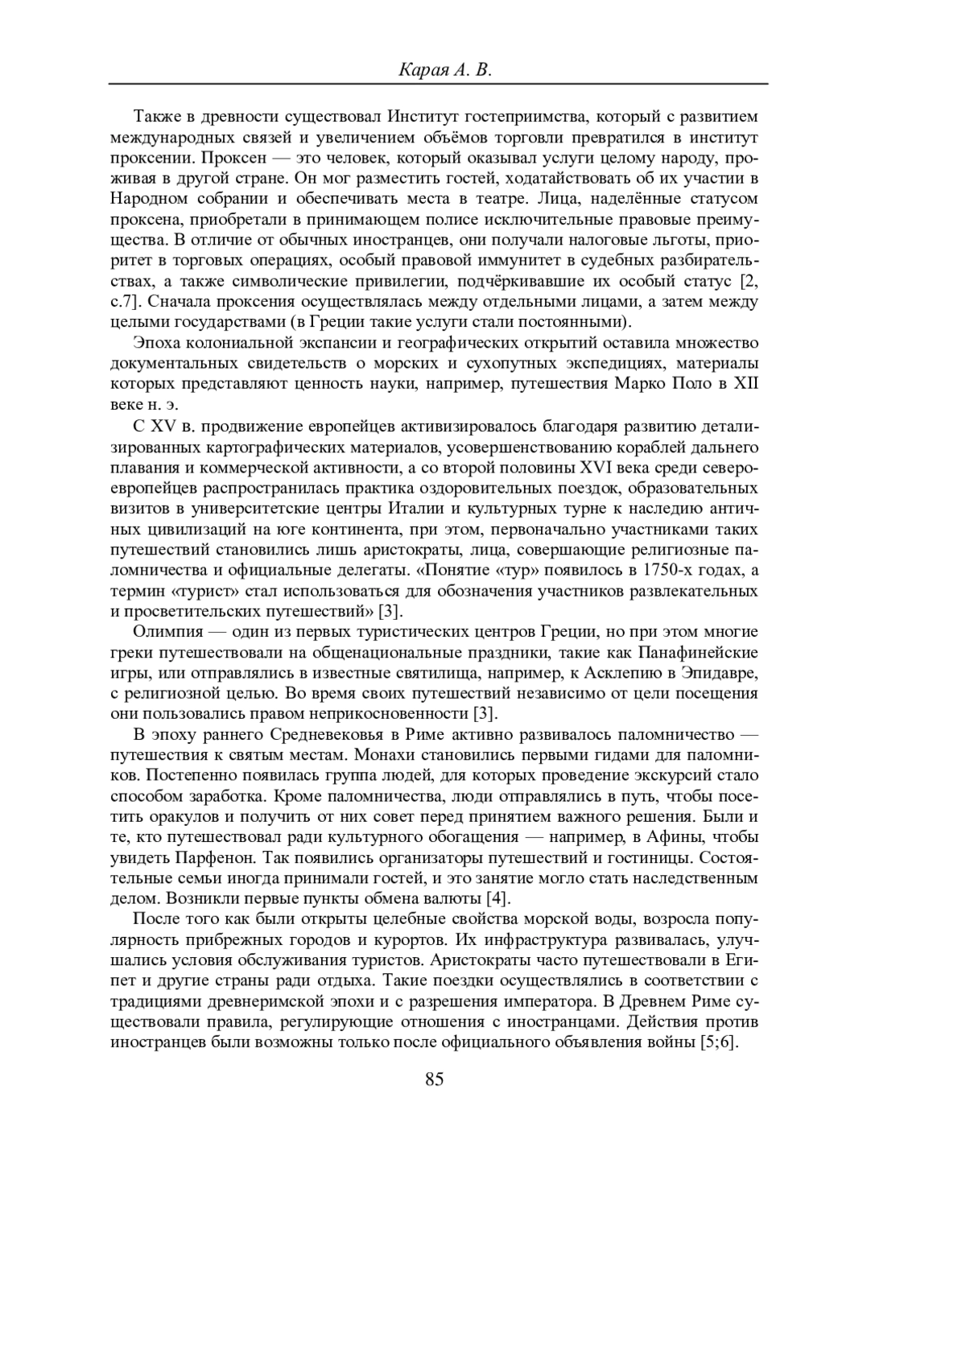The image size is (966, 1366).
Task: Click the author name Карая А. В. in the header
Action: pyautogui.click(x=444, y=70)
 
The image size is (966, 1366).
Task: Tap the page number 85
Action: pyautogui.click(x=434, y=1079)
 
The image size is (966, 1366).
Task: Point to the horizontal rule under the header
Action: pyautogui.click(x=439, y=85)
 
